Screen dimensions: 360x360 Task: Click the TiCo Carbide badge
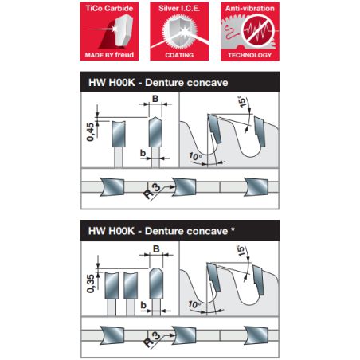109,31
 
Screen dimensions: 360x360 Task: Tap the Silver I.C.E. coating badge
179,31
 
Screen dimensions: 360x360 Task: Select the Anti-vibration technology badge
250,31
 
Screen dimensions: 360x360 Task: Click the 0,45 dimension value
90,131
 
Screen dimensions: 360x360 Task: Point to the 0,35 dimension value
91,284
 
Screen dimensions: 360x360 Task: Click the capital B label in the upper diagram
155,99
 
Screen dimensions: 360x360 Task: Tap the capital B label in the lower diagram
156,249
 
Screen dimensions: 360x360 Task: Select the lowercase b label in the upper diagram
143,153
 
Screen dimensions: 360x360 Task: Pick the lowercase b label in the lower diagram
143,305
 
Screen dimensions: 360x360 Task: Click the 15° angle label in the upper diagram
242,101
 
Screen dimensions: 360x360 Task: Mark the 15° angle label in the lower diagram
241,251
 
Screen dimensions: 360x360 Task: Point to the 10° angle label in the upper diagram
195,156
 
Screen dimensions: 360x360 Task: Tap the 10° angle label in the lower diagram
194,304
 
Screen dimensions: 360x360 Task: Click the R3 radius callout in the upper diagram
152,191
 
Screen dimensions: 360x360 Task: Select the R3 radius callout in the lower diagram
152,339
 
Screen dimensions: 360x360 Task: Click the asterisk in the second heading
233,229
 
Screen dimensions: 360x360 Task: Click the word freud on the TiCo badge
124,55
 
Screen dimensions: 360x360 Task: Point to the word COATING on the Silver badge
179,55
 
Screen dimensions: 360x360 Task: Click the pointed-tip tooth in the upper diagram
155,131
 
